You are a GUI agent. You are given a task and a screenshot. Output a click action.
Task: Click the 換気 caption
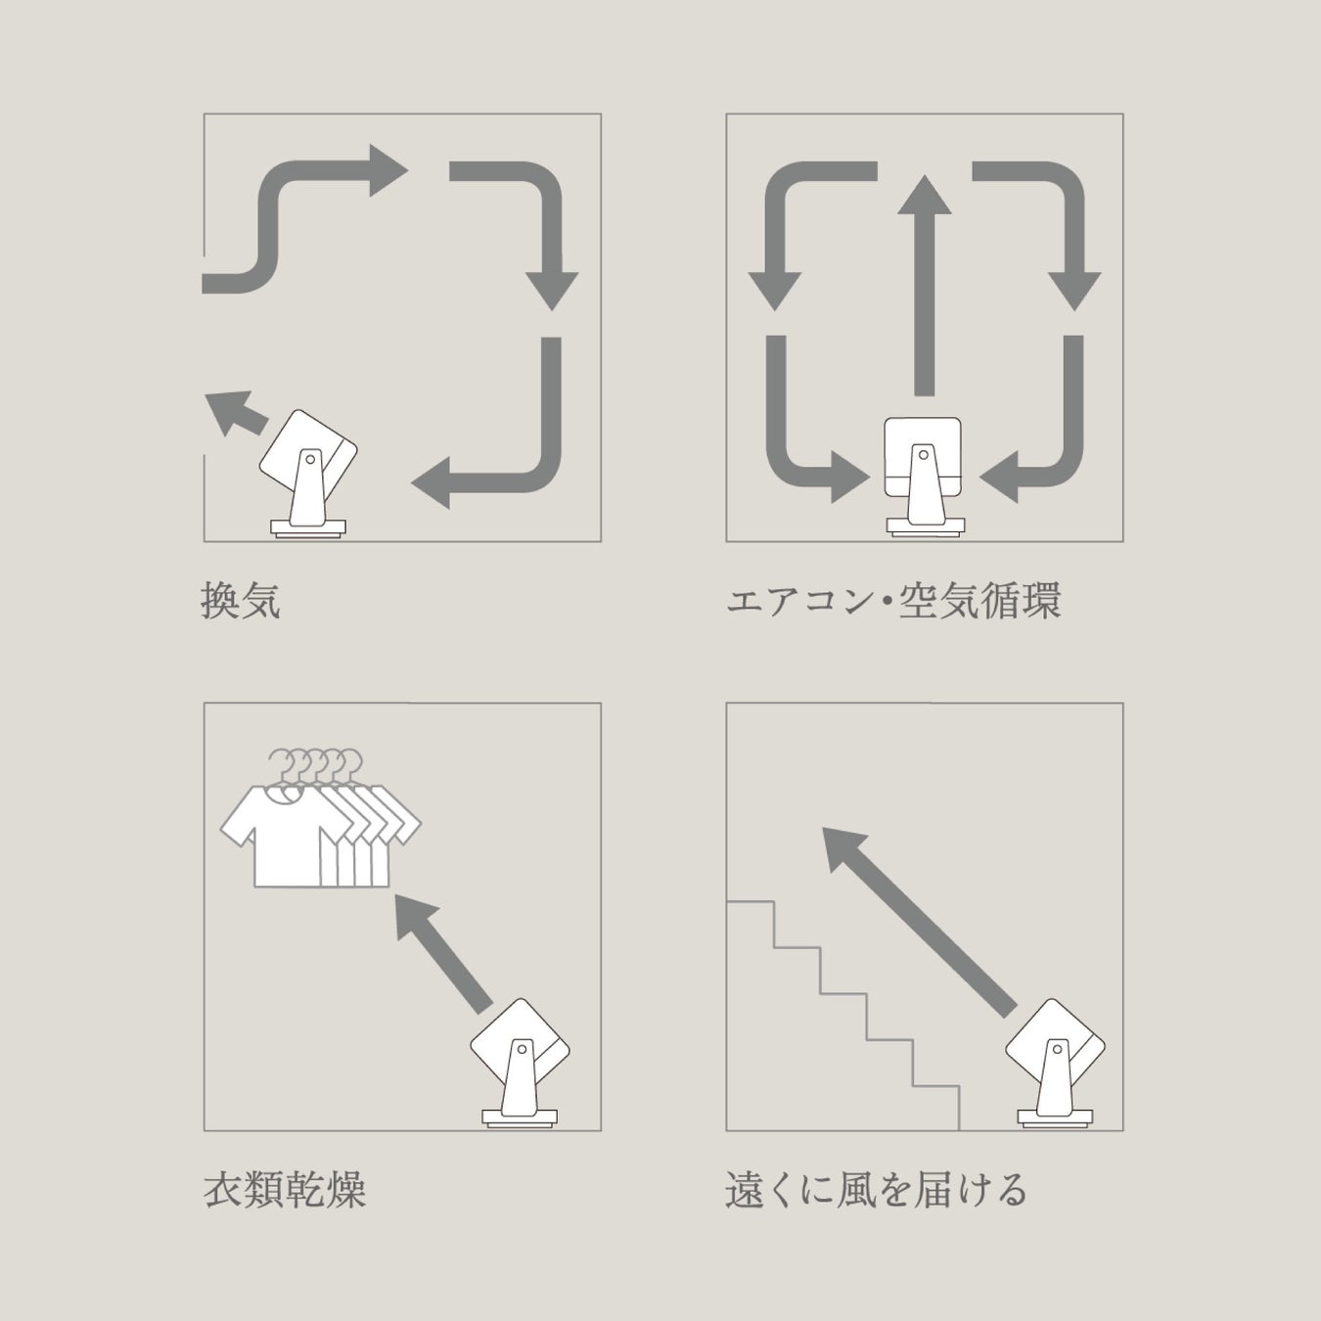click(x=241, y=601)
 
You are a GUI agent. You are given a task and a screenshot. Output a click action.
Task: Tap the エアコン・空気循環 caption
click(x=893, y=601)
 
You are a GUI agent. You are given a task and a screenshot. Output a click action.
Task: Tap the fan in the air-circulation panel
click(x=924, y=477)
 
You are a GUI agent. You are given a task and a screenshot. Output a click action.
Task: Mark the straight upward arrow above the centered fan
click(x=924, y=285)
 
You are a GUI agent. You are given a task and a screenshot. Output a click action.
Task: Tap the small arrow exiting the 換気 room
click(x=235, y=413)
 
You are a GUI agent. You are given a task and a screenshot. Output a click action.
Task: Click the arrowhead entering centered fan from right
click(x=999, y=477)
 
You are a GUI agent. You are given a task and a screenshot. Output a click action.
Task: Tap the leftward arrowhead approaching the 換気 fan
click(x=431, y=482)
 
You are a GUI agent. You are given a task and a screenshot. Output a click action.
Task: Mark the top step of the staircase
click(x=751, y=903)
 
